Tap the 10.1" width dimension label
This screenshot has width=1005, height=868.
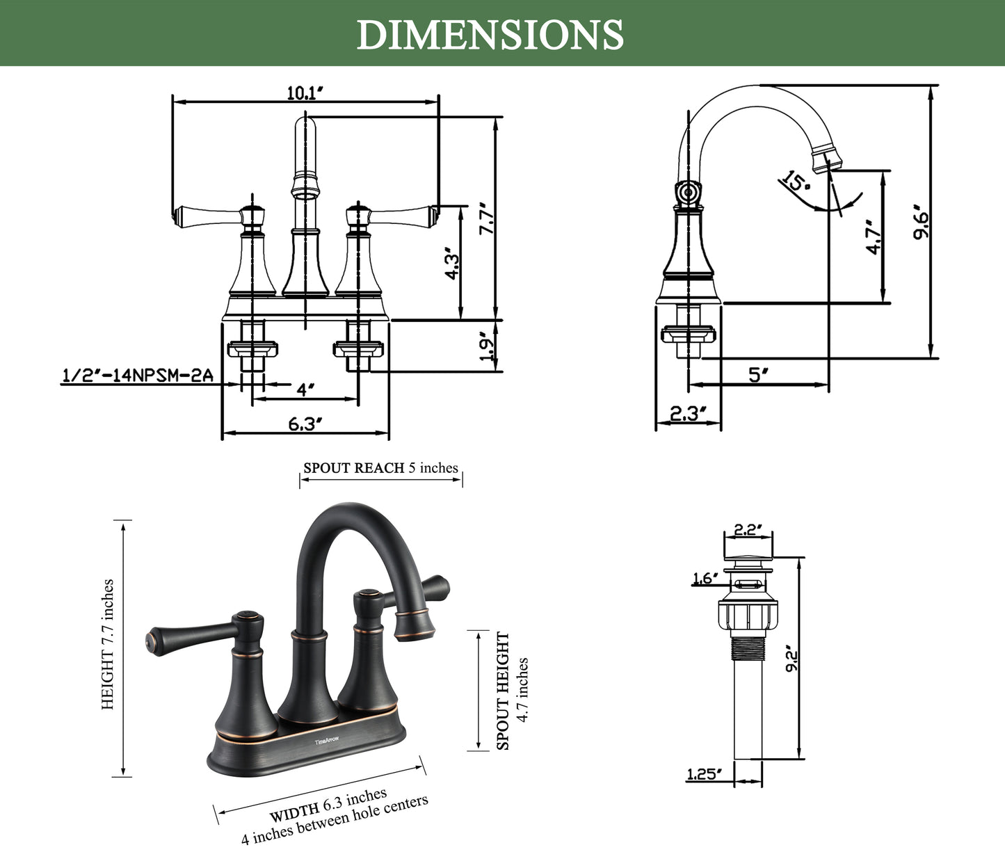click(x=306, y=93)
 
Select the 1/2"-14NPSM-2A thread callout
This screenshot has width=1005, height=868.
click(x=137, y=376)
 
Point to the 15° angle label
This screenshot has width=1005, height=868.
click(x=795, y=182)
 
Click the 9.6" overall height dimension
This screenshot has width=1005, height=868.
click(x=921, y=222)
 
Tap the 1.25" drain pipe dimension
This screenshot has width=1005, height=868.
click(x=704, y=774)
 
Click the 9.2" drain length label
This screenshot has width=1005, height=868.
click(x=791, y=658)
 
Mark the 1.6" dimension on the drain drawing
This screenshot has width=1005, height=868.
click(x=704, y=579)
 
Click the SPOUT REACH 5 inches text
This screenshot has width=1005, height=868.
click(x=380, y=468)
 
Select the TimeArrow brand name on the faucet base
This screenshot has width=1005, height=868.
click(x=326, y=741)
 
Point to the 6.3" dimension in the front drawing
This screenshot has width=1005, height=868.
click(x=305, y=424)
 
